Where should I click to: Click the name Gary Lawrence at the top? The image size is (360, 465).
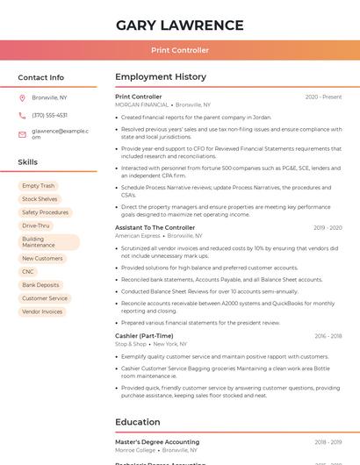pos(179,25)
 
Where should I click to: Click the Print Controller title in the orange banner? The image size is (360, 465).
pos(180,51)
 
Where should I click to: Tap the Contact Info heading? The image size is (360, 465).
pos(40,77)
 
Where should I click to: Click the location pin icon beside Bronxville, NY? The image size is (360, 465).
pos(23,97)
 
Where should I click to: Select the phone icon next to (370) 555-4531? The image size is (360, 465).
pos(23,115)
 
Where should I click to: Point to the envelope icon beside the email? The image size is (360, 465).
pos(23,134)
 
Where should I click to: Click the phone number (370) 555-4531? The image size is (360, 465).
pos(49,115)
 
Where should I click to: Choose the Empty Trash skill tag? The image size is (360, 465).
pos(38,186)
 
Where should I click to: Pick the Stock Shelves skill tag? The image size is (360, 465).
pos(40,199)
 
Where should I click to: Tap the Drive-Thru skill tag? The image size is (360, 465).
pos(36,225)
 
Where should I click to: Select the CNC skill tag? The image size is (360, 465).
pos(28,272)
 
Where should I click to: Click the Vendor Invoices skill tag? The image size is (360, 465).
pos(42,311)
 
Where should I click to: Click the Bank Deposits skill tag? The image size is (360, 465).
pos(40,285)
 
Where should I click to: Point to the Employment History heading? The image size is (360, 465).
pos(161,77)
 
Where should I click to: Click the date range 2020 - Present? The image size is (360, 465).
pos(323,97)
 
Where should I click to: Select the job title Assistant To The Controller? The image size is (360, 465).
pos(155,227)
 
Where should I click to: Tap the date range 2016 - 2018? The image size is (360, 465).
pos(328,336)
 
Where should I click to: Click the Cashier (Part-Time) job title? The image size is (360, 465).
pos(144,336)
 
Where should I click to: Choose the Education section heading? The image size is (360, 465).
pos(137,422)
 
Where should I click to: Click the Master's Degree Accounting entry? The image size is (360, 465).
pos(157,442)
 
